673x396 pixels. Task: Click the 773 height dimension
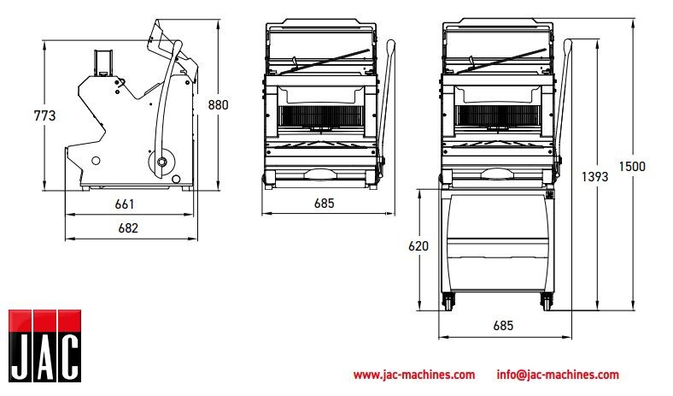click(44, 115)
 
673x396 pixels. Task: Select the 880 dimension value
click(218, 105)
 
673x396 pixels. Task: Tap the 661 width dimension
click(125, 204)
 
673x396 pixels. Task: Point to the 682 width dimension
click(128, 228)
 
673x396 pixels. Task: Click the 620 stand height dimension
click(418, 246)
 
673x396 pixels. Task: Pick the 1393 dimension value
click(595, 176)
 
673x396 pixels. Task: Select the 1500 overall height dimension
click(632, 167)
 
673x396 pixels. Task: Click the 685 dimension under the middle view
click(324, 204)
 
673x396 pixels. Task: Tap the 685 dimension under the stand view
click(503, 326)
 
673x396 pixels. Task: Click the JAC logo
click(45, 346)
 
